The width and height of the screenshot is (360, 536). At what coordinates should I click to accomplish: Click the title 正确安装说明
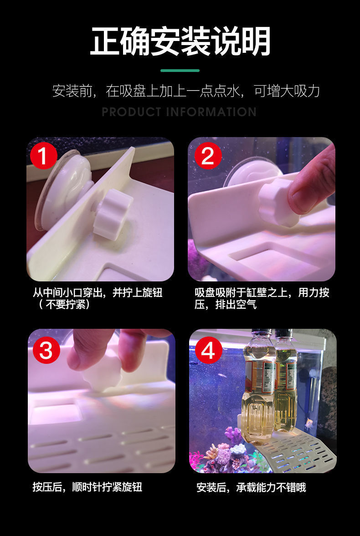[180, 41]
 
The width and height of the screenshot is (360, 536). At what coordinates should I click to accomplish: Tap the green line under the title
[180, 71]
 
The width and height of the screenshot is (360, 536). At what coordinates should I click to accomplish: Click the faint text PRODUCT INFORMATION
[179, 112]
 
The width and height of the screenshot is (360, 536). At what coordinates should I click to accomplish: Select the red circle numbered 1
[44, 156]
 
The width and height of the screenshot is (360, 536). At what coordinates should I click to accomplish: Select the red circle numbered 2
[208, 156]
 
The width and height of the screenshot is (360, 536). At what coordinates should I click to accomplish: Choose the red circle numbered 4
[208, 350]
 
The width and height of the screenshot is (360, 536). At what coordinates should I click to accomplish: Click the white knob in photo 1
[112, 214]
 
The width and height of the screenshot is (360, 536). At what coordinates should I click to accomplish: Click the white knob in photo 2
[276, 202]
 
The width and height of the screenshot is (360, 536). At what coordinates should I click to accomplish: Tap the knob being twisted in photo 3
[103, 373]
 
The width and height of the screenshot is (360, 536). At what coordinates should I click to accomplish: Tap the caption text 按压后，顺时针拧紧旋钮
[87, 487]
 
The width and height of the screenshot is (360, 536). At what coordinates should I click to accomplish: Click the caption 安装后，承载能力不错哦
[251, 487]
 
